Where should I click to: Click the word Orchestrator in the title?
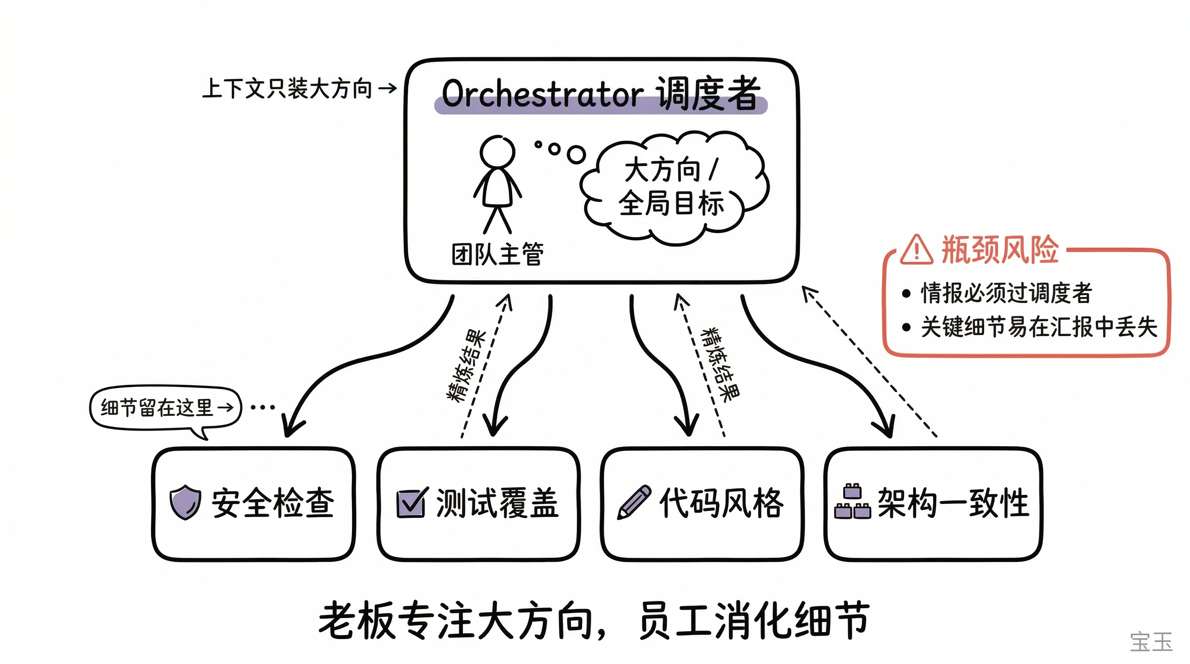point(542,94)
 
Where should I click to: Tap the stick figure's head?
point(497,152)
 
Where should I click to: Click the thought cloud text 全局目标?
point(671,203)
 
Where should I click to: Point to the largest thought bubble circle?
point(576,155)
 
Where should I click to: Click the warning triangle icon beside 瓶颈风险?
point(916,250)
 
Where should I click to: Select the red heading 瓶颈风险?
point(1000,250)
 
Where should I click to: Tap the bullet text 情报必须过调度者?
point(1006,293)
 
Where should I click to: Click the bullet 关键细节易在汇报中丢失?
point(1039,327)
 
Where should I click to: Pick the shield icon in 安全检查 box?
point(185,502)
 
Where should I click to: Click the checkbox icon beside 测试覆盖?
point(411,503)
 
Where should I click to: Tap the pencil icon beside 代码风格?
point(634,502)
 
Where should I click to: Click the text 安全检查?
point(272,503)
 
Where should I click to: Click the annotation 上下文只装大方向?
point(287,88)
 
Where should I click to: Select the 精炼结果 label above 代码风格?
point(720,364)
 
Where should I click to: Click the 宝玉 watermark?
point(1151,642)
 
